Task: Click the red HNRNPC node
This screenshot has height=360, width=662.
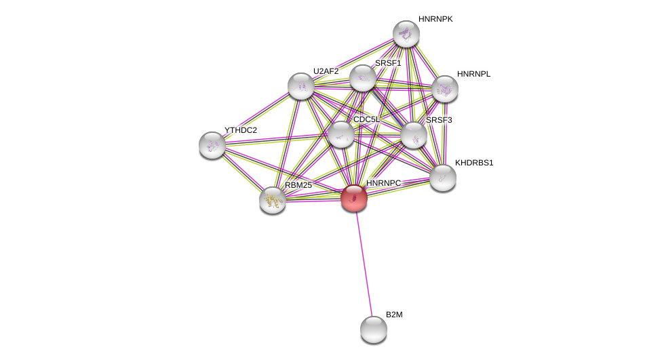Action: click(x=354, y=198)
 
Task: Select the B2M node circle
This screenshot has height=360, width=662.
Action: click(x=374, y=329)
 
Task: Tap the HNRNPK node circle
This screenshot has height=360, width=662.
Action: click(x=406, y=34)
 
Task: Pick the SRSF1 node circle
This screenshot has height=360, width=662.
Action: click(x=363, y=78)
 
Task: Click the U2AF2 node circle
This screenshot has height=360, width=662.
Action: click(x=301, y=86)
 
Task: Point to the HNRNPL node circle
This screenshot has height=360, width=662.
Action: click(x=445, y=89)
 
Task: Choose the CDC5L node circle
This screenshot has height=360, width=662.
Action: click(x=341, y=134)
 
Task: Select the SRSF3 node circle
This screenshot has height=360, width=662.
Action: click(x=414, y=135)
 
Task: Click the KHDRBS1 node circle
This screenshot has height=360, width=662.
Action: click(x=443, y=178)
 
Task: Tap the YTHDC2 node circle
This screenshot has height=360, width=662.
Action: click(x=212, y=145)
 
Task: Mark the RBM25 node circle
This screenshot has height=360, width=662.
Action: click(x=273, y=200)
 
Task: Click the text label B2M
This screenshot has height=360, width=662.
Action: click(x=393, y=315)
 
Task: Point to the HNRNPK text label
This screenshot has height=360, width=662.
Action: click(x=435, y=19)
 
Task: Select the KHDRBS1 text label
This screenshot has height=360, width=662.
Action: click(x=474, y=163)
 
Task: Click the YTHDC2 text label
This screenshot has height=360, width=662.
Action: click(x=241, y=130)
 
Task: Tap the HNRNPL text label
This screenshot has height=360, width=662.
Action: click(x=473, y=74)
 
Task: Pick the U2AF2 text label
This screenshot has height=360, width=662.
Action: click(x=326, y=71)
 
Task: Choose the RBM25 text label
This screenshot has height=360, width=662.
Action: click(x=298, y=185)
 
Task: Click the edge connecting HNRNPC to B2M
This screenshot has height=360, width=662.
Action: click(x=364, y=264)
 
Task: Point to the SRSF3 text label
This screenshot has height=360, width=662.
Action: click(x=439, y=120)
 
